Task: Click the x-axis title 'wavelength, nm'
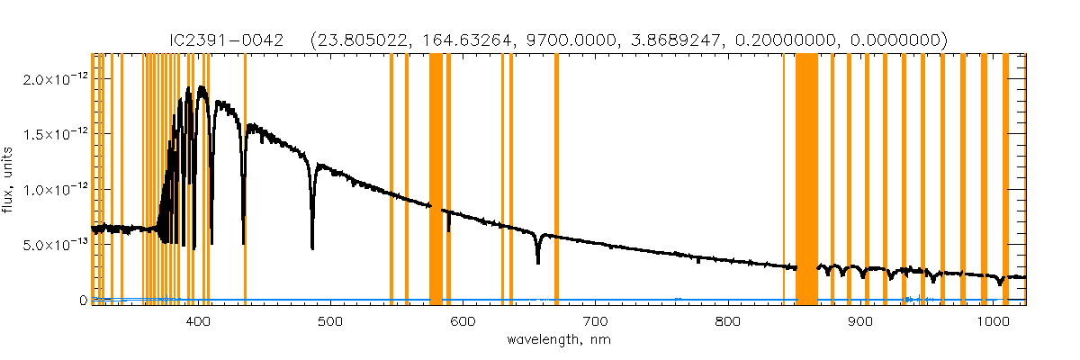click(x=559, y=340)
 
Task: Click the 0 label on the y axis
click(x=82, y=300)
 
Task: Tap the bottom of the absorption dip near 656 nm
click(x=537, y=262)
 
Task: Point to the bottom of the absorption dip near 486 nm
click(x=312, y=247)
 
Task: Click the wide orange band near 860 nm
click(x=806, y=180)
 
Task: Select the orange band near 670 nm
click(x=556, y=180)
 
